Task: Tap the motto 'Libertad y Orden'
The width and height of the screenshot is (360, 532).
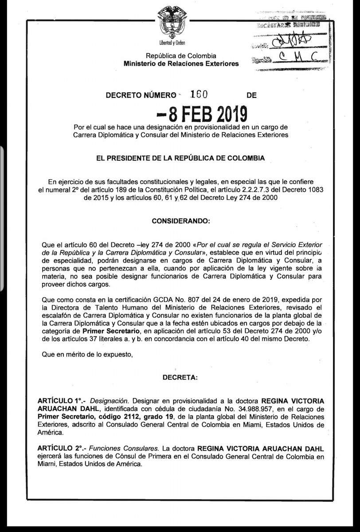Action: (x=172, y=43)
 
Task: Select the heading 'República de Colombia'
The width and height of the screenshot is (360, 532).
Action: (x=181, y=56)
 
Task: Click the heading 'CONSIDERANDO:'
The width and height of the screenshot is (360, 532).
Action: (x=181, y=220)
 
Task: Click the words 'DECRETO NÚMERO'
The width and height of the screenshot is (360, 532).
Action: (x=138, y=95)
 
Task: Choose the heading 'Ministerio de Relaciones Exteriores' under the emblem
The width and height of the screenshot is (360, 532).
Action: (x=181, y=64)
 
